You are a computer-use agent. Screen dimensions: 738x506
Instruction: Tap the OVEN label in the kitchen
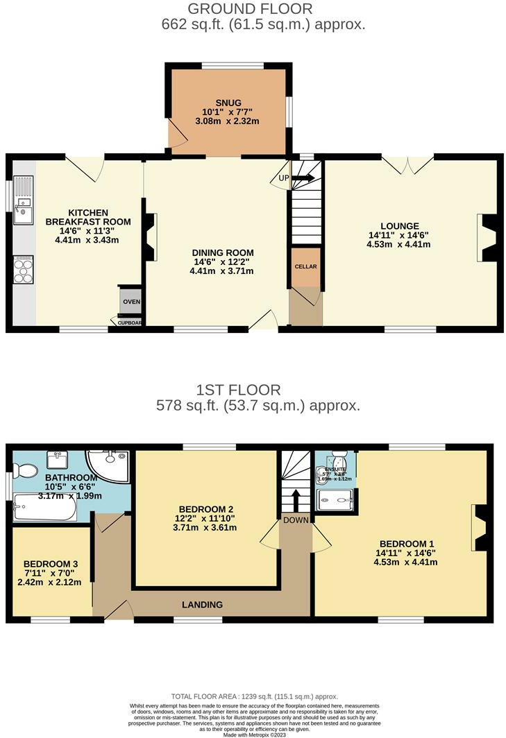(x=131, y=302)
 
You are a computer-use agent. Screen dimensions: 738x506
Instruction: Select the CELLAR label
(x=306, y=266)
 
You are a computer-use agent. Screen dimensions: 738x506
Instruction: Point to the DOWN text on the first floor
(x=296, y=519)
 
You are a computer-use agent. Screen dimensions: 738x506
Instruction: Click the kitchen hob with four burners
(x=23, y=270)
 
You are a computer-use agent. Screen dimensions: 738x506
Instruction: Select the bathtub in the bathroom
(x=44, y=508)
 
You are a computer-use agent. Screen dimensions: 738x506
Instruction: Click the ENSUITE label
(x=335, y=469)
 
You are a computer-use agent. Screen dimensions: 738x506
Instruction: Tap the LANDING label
(x=203, y=605)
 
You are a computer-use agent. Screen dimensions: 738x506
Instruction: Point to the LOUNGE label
(x=399, y=225)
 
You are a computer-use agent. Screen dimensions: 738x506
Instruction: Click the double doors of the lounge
(x=409, y=164)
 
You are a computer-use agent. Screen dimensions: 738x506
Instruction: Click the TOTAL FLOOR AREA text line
(x=254, y=696)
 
